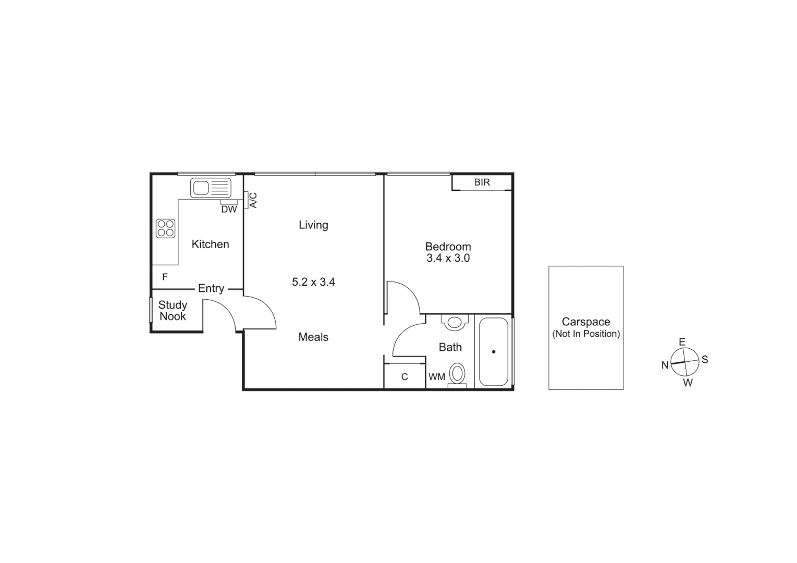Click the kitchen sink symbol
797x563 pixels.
click(211, 188)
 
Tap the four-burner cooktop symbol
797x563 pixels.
click(166, 228)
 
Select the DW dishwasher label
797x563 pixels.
click(229, 210)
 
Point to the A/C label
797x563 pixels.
click(253, 200)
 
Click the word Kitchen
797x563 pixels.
click(210, 244)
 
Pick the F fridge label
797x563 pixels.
click(165, 277)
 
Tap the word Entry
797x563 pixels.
click(211, 288)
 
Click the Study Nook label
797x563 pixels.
click(173, 311)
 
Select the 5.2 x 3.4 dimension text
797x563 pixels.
click(313, 282)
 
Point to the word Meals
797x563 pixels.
click(313, 337)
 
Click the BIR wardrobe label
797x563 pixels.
click(482, 182)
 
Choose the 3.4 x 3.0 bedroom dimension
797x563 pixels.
click(448, 258)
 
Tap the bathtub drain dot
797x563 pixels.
click(494, 352)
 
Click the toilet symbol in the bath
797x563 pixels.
click(458, 374)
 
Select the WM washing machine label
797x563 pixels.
click(437, 377)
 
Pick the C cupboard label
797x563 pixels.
click(404, 377)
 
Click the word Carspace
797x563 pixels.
click(586, 322)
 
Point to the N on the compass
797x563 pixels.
click(665, 365)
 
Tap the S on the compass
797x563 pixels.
click(705, 359)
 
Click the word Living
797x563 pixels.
click(313, 225)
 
